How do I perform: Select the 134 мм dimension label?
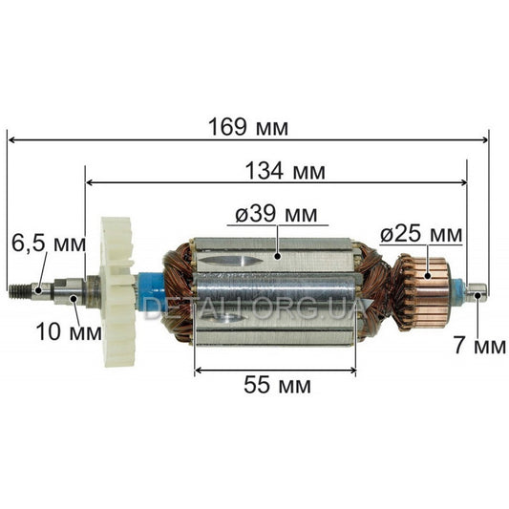tap(284, 172)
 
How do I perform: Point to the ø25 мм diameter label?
tap(421, 233)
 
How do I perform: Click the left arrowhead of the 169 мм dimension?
tap(11, 139)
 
